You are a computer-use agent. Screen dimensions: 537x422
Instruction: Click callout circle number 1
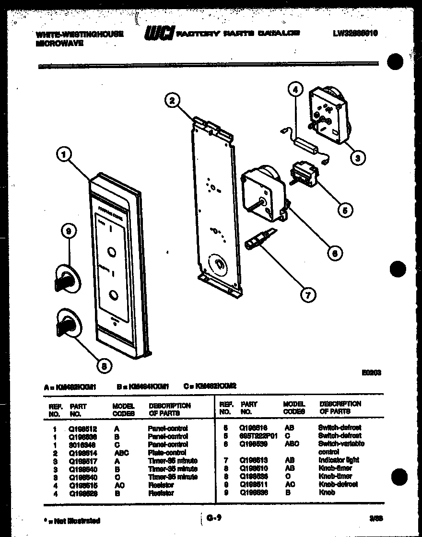[x=64, y=154]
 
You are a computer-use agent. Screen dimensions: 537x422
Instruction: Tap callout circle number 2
[x=172, y=100]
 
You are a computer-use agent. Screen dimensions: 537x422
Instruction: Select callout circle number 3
[x=357, y=157]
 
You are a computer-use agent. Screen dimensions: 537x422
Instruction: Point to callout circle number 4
[x=295, y=89]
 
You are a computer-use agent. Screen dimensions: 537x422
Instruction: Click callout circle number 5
[x=345, y=209]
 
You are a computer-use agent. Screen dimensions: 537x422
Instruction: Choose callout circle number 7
[x=308, y=294]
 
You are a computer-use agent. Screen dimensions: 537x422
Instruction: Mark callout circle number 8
[x=104, y=366]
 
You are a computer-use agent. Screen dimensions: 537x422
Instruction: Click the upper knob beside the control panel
[x=67, y=278]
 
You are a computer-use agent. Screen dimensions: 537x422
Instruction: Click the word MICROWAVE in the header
[x=59, y=43]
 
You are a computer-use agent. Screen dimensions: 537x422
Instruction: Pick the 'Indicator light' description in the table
[x=339, y=460]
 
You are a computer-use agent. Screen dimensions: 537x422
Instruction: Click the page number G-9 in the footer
[x=214, y=518]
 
